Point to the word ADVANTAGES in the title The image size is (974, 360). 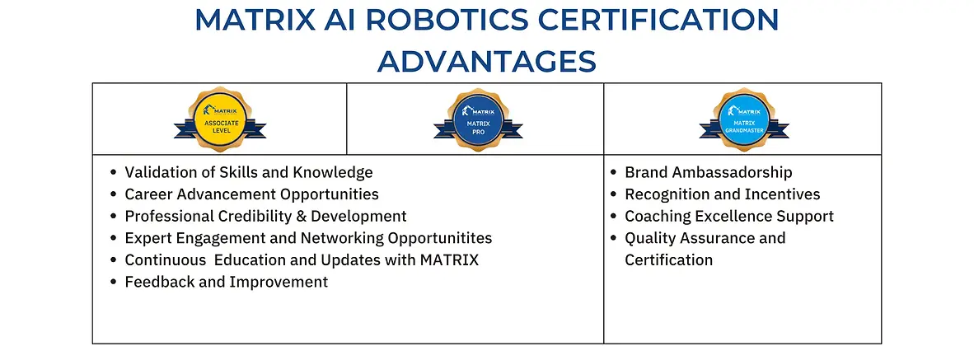(486, 60)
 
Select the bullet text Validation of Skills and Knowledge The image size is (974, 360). (248, 172)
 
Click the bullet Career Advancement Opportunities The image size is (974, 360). (251, 194)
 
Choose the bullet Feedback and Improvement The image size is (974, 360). (226, 282)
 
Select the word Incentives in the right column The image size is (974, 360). (780, 194)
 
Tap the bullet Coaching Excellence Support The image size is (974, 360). (729, 216)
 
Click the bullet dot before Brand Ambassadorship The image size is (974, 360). (614, 173)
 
